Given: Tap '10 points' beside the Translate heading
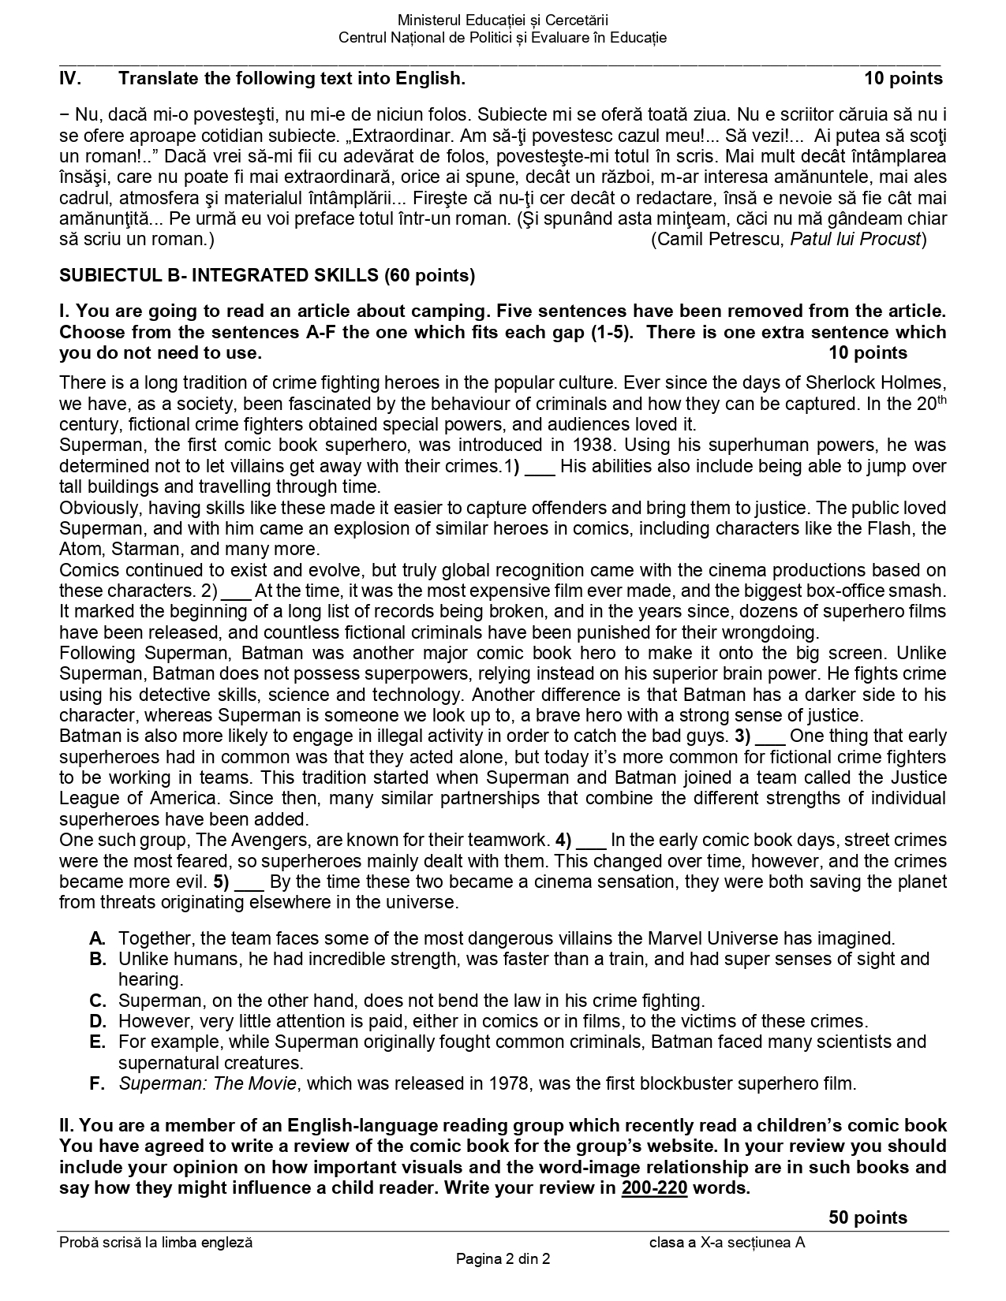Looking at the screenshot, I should (x=903, y=79).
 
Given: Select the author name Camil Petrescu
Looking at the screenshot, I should (x=720, y=239).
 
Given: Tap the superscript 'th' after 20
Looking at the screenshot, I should (x=941, y=400).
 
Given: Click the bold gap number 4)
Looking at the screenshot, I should (x=563, y=840).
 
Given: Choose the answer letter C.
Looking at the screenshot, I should (x=98, y=1001).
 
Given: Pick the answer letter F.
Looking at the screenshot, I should (x=97, y=1084).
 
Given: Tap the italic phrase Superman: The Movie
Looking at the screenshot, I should (x=208, y=1084).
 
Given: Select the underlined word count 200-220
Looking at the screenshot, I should (x=654, y=1187).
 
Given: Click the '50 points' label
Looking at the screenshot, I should (x=867, y=1217).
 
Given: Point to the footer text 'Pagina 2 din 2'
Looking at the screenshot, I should (x=503, y=1259).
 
